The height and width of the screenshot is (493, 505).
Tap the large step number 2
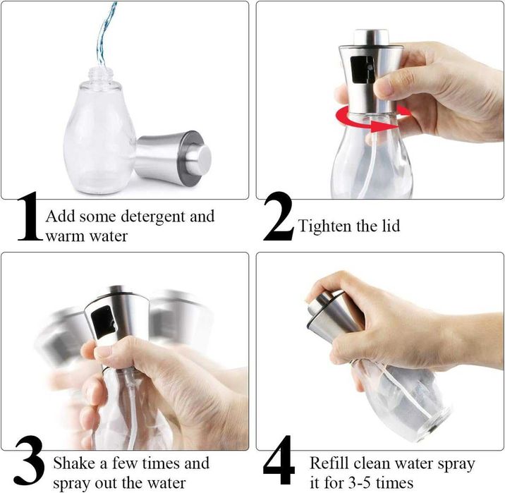pyautogui.click(x=279, y=217)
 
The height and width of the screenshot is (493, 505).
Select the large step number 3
pyautogui.click(x=30, y=461)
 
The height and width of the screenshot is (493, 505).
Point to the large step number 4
pyautogui.click(x=279, y=461)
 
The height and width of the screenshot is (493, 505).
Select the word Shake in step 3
pyautogui.click(x=74, y=463)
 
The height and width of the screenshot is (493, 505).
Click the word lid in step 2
pyautogui.click(x=391, y=226)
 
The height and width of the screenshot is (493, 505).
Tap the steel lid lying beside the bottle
pyautogui.click(x=173, y=158)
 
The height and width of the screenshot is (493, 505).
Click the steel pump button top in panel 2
pyautogui.click(x=371, y=37)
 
